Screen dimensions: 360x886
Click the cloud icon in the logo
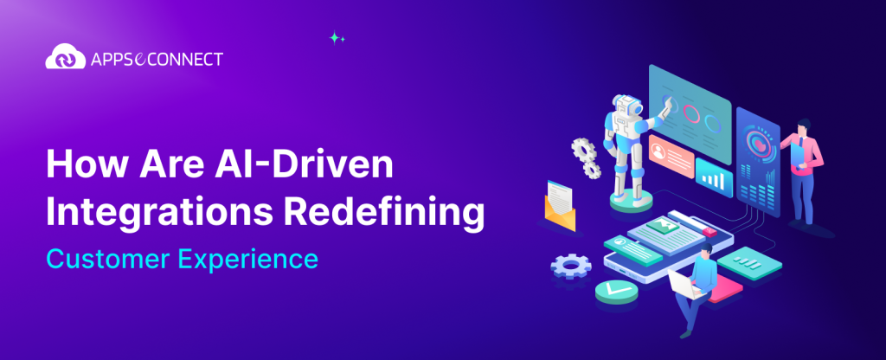62,58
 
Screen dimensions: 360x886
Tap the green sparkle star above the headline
336,37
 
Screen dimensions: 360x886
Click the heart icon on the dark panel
759,138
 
